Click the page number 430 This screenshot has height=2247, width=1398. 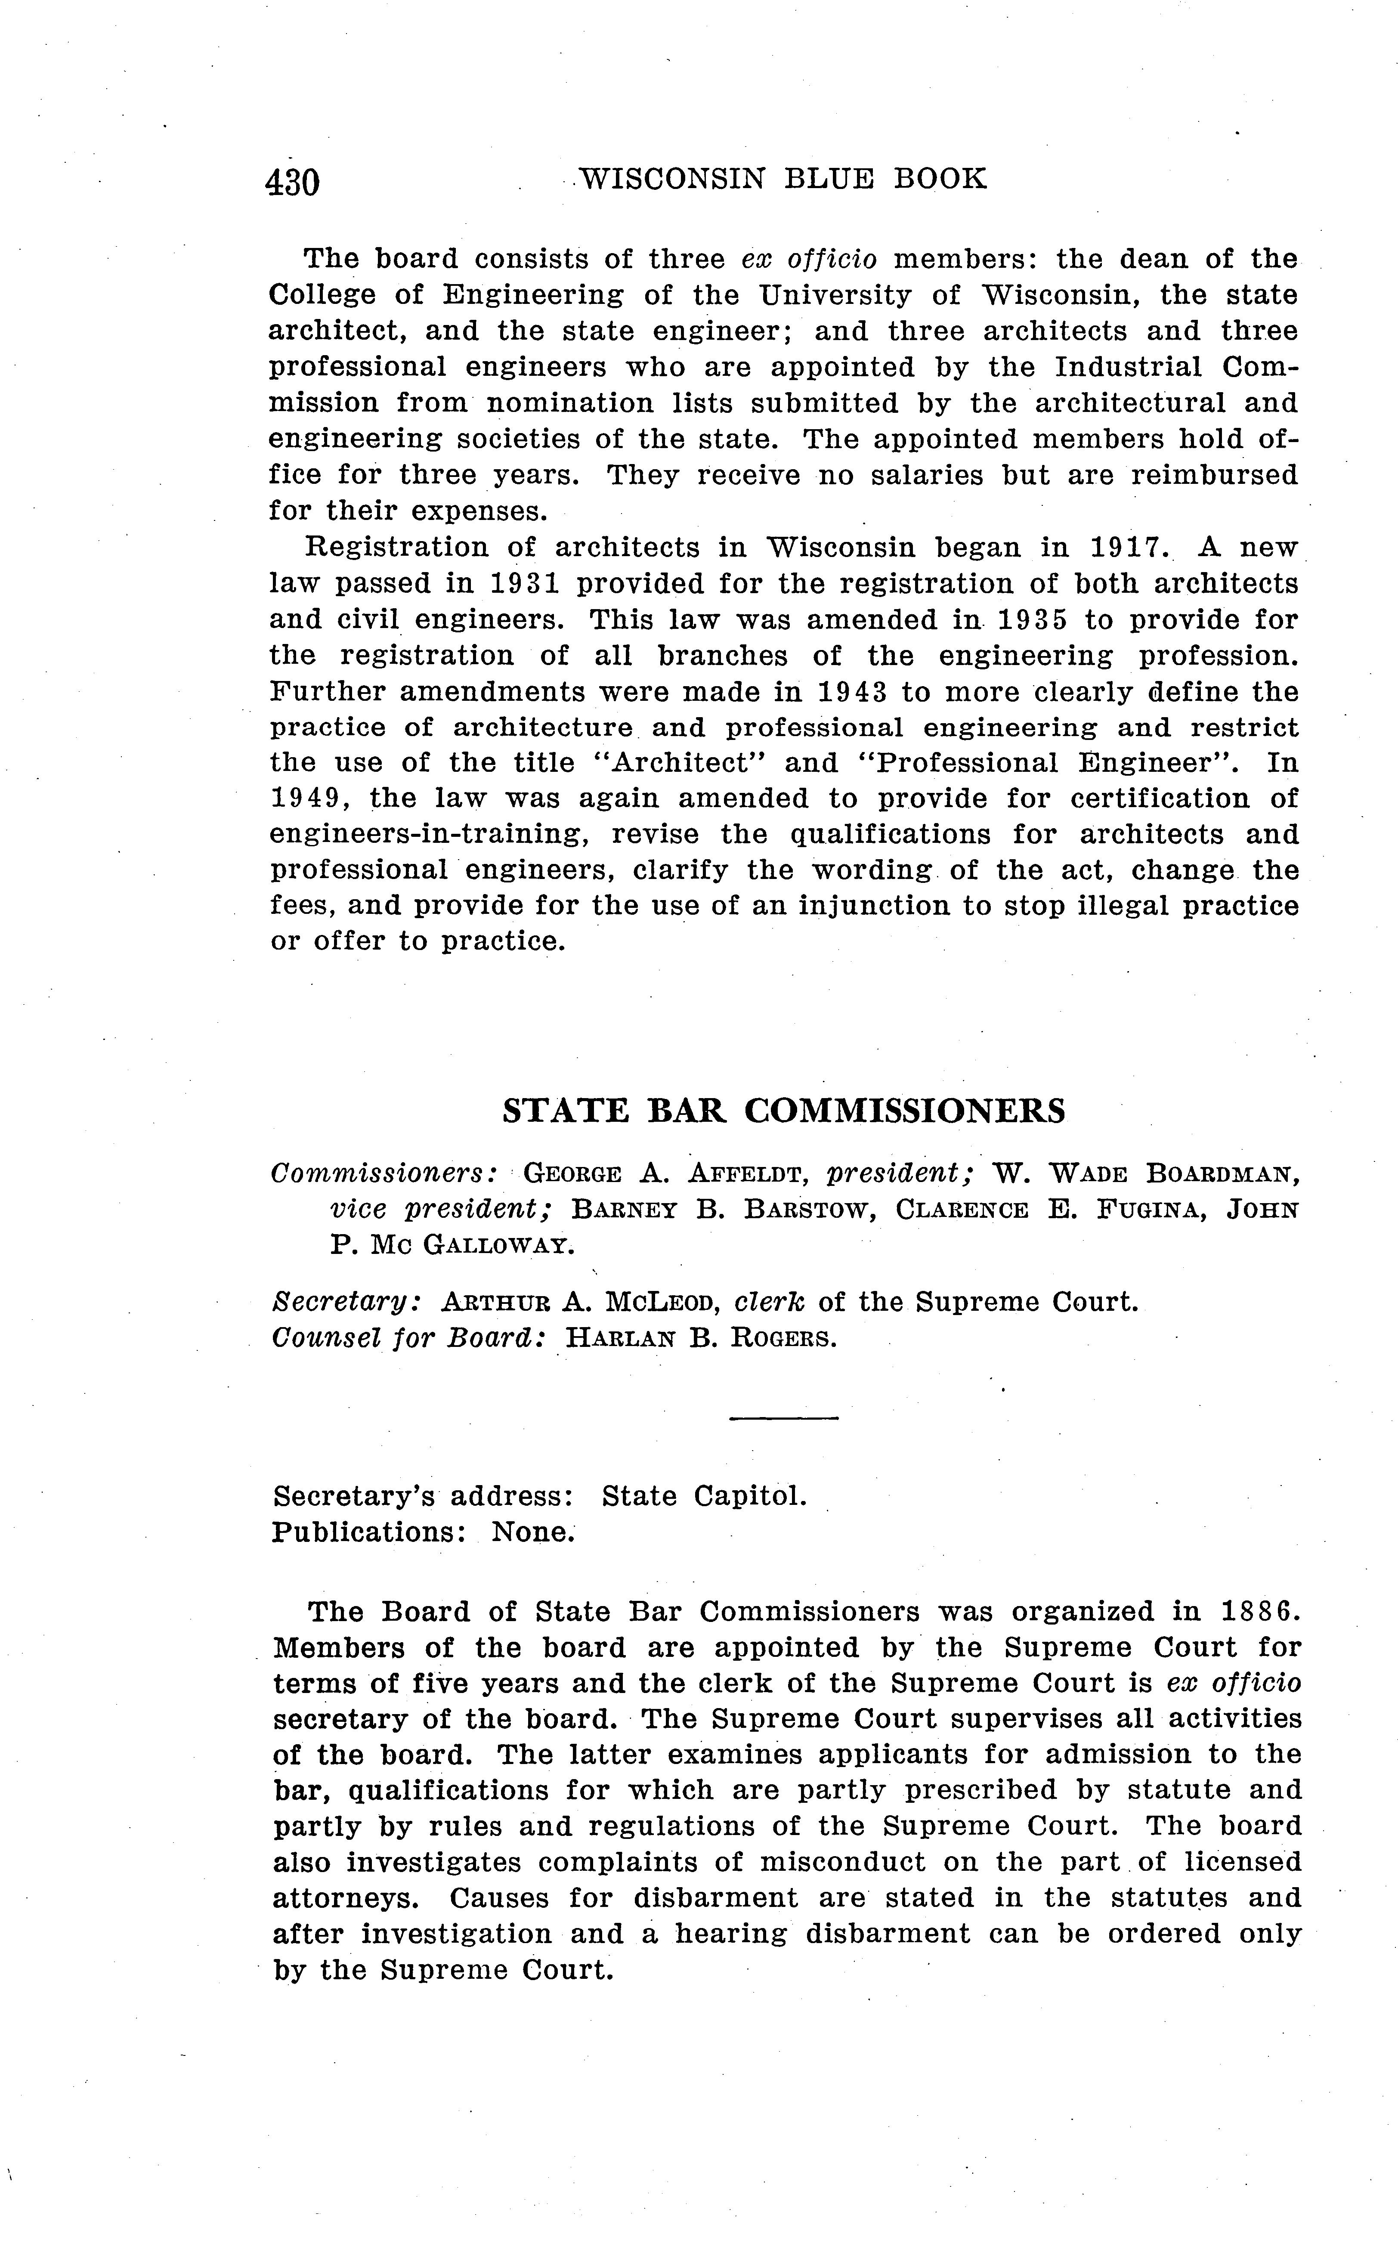click(292, 182)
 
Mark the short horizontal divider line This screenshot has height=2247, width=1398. click(783, 1418)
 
